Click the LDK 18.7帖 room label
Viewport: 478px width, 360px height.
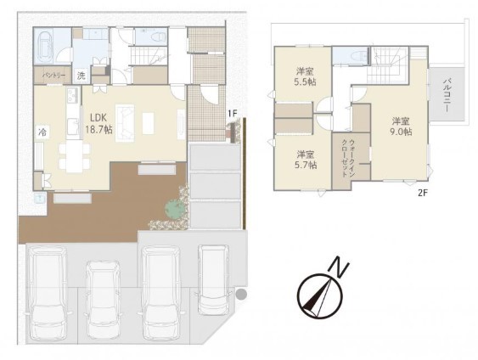98,124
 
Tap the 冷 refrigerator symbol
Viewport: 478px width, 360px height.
42,132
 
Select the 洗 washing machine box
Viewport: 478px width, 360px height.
82,76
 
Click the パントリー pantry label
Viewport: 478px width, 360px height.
53,75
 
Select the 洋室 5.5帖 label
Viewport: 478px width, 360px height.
305,76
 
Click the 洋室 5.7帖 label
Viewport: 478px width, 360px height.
306,160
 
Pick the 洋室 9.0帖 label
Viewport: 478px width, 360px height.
401,127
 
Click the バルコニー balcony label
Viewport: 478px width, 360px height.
447,95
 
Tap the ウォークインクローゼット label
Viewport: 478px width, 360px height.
348,158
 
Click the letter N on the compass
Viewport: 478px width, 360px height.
338,267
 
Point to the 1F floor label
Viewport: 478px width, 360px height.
232,114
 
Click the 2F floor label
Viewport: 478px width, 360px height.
423,193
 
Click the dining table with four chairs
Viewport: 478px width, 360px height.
74,156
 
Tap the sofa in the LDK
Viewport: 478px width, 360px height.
125,123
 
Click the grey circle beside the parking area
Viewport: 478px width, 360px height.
241,294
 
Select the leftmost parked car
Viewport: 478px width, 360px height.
48,294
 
